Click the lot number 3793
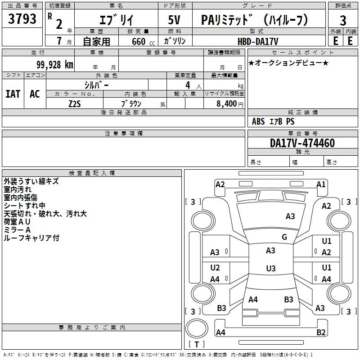tap(22, 19)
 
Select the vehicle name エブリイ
tap(116, 20)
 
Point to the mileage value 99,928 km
tap(55, 65)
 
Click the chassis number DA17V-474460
tap(302, 144)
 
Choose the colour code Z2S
tap(75, 103)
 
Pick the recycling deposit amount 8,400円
tap(229, 103)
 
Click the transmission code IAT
tap(13, 94)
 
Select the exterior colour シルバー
tap(96, 85)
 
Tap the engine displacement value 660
tap(138, 41)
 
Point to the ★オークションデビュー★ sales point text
tap(288, 63)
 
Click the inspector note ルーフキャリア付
tap(31, 238)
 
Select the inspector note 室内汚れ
tap(18, 189)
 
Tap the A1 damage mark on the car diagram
tap(321, 184)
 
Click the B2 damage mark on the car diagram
tap(321, 333)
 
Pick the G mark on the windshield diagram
tap(284, 237)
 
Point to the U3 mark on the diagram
tap(270, 269)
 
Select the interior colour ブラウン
tap(132, 103)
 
